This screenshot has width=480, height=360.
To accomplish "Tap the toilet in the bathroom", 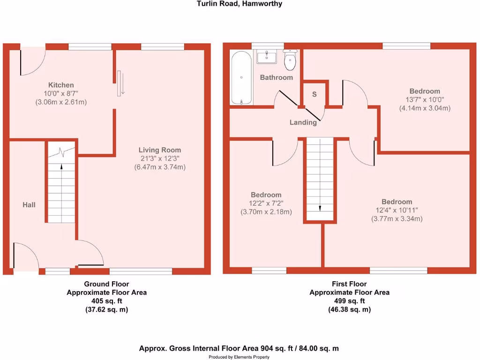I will pyautogui.click(x=291, y=60).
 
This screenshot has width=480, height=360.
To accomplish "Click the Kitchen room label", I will pyautogui.click(x=61, y=85).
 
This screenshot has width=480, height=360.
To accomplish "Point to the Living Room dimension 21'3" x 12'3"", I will pyautogui.click(x=159, y=158).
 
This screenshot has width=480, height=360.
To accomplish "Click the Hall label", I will pyautogui.click(x=29, y=205).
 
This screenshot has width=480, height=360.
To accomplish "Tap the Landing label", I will pyautogui.click(x=303, y=122).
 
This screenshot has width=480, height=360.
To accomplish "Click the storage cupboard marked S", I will pyautogui.click(x=315, y=94).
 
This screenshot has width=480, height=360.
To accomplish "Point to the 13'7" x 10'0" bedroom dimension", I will pyautogui.click(x=425, y=99).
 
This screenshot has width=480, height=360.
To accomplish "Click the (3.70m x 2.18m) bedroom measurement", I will pyautogui.click(x=266, y=212).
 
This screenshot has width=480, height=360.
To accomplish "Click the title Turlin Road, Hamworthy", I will pyautogui.click(x=239, y=4).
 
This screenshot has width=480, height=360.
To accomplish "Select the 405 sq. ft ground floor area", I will pyautogui.click(x=106, y=301).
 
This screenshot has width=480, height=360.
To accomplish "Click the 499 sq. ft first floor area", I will pyautogui.click(x=349, y=301).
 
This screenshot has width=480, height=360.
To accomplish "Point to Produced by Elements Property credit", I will pyautogui.click(x=239, y=357).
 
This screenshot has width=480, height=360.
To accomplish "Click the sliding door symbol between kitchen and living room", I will pyautogui.click(x=120, y=83).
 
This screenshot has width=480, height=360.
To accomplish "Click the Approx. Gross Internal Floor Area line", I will pyautogui.click(x=239, y=348).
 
